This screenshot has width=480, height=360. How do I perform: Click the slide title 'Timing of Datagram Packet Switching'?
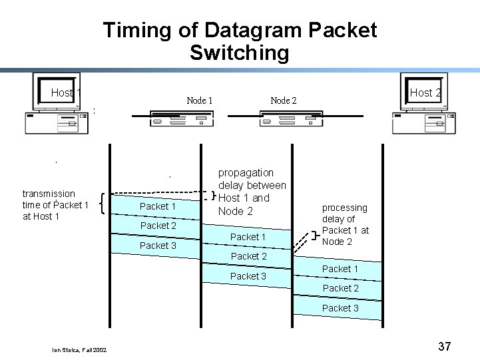tap(240, 41)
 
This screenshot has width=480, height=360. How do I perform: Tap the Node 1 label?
tap(200, 100)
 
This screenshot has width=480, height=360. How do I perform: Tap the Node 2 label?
tap(284, 100)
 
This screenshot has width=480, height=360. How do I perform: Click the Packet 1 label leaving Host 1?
tap(158, 206)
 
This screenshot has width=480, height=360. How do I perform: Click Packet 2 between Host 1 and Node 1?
tap(158, 226)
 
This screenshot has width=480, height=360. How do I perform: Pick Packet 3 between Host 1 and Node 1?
tap(158, 246)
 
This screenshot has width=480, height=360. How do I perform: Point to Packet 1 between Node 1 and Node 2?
tap(248, 237)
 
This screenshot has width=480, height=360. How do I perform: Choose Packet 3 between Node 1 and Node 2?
tap(248, 276)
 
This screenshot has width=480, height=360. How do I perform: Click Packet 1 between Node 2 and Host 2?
tap(340, 269)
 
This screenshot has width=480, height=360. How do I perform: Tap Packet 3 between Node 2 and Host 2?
tap(340, 308)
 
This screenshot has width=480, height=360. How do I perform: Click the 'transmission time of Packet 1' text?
tap(55, 205)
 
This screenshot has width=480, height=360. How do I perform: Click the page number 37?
tap(445, 346)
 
